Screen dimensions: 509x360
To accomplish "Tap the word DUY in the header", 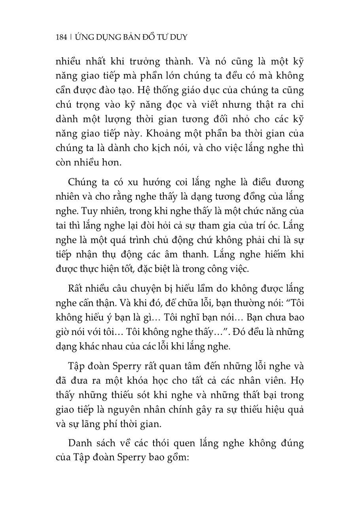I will pos(178,38).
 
